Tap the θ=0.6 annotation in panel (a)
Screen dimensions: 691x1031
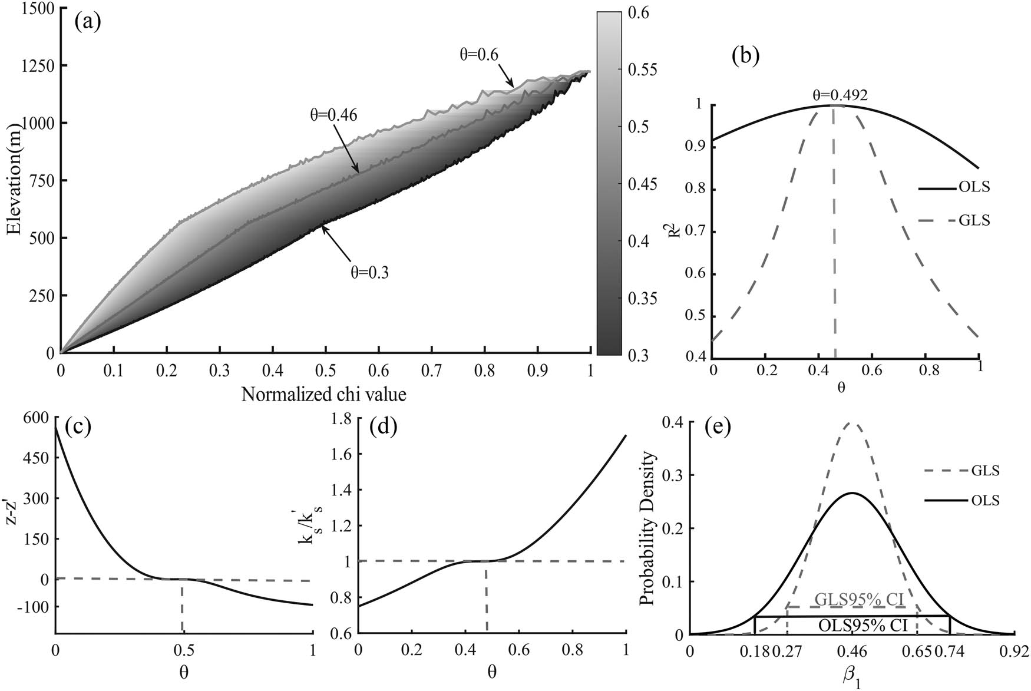pyautogui.click(x=479, y=55)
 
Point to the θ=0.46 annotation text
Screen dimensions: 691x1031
pyautogui.click(x=334, y=114)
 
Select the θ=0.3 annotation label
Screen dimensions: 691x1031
pyautogui.click(x=366, y=272)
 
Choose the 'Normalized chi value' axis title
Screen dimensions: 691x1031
pyautogui.click(x=323, y=394)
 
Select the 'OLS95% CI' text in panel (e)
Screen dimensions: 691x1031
pyautogui.click(x=862, y=625)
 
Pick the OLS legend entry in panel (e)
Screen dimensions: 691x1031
pyautogui.click(x=984, y=501)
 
